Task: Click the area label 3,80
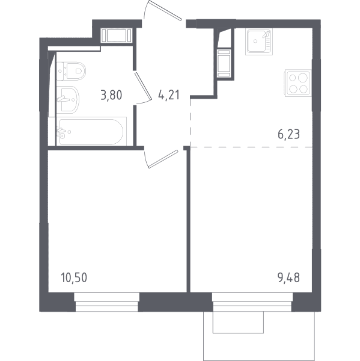pos(111,95)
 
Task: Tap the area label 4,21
pos(169,94)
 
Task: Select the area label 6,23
pos(288,134)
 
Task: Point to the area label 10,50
pos(74,277)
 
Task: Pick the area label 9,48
pos(288,277)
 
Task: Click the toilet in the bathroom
pos(71,71)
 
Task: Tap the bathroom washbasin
pos(68,99)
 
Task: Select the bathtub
pos(91,131)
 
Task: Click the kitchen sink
pos(259,42)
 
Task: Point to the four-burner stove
pos(298,83)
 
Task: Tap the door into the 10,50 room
pos(161,159)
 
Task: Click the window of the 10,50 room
pos(107,302)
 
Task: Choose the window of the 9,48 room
pos(252,302)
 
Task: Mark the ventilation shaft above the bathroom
pos(117,35)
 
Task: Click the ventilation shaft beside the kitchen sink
pos(224,63)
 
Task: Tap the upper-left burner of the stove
pos(293,78)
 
